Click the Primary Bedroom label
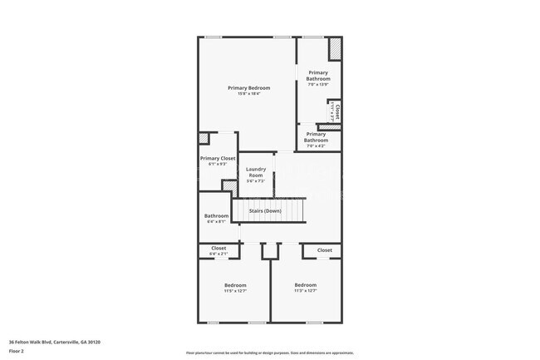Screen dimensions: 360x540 pyautogui.click(x=246, y=87)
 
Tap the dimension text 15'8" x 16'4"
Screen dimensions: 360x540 pyautogui.click(x=246, y=94)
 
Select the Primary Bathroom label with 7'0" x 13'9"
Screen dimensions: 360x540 pyautogui.click(x=317, y=76)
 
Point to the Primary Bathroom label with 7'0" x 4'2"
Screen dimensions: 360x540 pyautogui.click(x=316, y=137)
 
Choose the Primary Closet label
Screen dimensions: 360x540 pyautogui.click(x=218, y=158)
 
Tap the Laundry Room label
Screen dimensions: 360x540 pyautogui.click(x=256, y=172)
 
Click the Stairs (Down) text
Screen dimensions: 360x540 pyautogui.click(x=265, y=211)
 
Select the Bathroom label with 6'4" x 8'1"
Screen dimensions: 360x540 pyautogui.click(x=216, y=215)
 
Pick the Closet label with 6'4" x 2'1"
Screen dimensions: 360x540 pyautogui.click(x=218, y=248)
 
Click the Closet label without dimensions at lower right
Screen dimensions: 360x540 pyautogui.click(x=324, y=250)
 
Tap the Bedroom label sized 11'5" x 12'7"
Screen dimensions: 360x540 pyautogui.click(x=235, y=285)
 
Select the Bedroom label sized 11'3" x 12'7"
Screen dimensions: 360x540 pyautogui.click(x=305, y=285)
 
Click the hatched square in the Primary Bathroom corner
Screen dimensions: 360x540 pyautogui.click(x=335, y=49)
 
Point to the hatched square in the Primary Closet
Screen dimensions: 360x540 pyautogui.click(x=204, y=139)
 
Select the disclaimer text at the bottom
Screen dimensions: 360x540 pyautogui.click(x=269, y=353)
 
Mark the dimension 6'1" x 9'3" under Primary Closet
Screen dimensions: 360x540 pyautogui.click(x=218, y=164)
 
